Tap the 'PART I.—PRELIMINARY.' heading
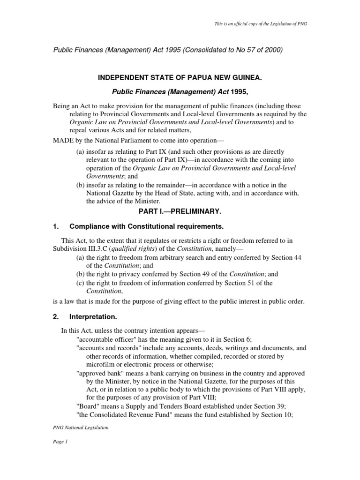coord(180,211)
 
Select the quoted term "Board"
coord(87,406)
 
